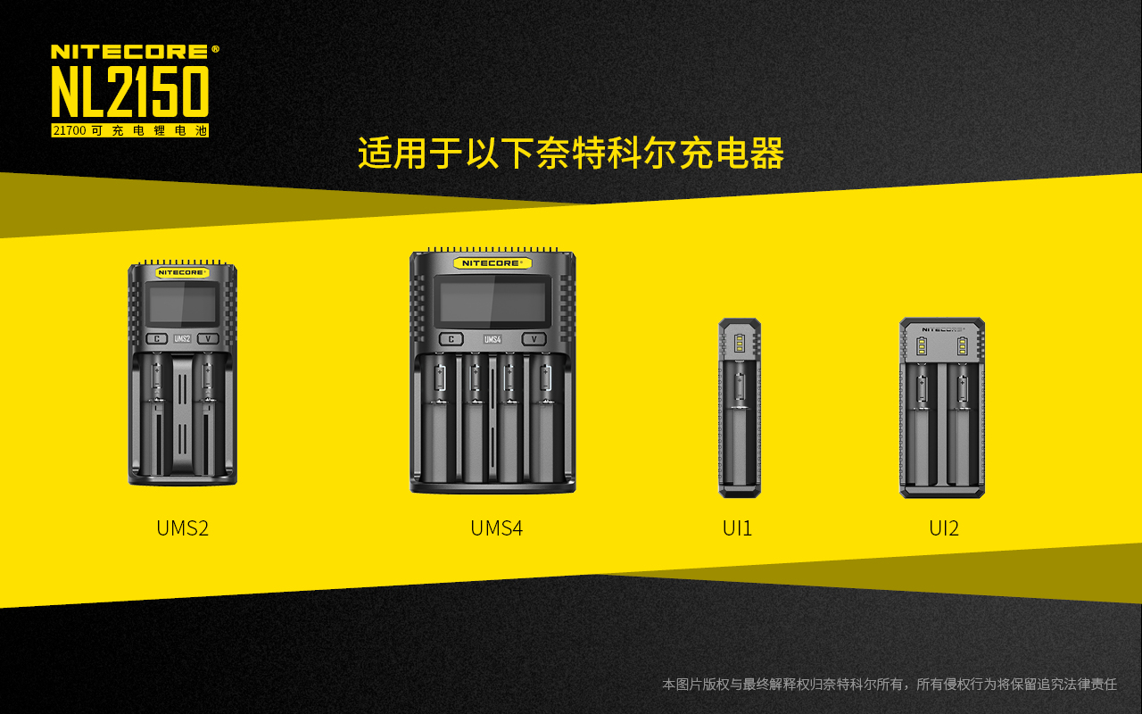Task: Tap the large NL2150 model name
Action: (x=130, y=92)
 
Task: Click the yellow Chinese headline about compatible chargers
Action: (x=570, y=153)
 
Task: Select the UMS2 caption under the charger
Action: (x=183, y=528)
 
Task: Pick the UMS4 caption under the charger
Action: (x=497, y=528)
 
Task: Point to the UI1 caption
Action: (x=737, y=528)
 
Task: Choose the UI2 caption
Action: (x=944, y=528)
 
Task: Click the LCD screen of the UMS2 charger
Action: (x=182, y=304)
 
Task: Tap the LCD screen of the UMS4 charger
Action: (x=492, y=302)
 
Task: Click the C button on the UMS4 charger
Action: (x=451, y=339)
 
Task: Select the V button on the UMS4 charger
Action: (x=534, y=339)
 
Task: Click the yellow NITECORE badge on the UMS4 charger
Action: (x=492, y=263)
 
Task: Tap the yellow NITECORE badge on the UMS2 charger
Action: (x=182, y=273)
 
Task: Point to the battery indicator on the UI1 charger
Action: (x=739, y=344)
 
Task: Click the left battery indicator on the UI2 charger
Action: (x=922, y=346)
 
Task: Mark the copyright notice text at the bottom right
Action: (x=890, y=684)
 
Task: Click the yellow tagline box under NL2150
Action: (x=130, y=130)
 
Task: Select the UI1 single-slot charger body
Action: (x=740, y=408)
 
